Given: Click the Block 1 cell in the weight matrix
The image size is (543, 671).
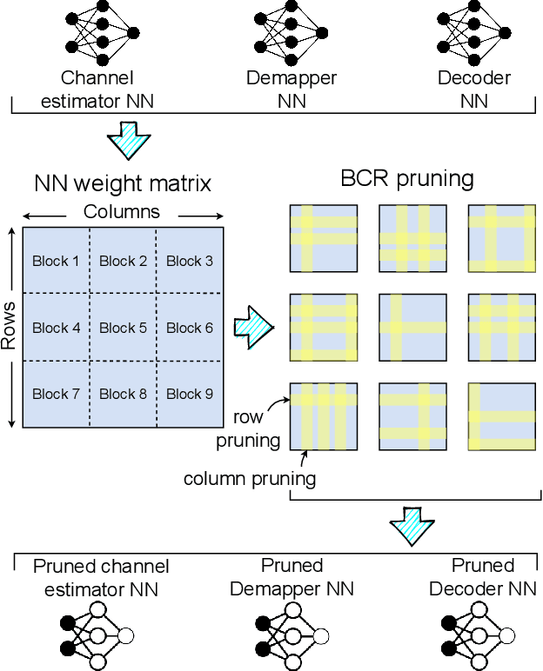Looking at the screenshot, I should [56, 260].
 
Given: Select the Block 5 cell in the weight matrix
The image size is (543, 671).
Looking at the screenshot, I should [123, 328].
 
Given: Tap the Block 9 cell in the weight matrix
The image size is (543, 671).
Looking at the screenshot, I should [190, 394].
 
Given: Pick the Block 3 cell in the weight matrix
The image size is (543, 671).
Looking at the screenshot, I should [190, 260].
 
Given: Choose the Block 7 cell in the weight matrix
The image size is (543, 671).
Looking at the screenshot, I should [56, 394].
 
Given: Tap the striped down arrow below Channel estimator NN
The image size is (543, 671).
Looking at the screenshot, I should [128, 138].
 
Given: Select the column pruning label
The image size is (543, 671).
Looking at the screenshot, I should [249, 477].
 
